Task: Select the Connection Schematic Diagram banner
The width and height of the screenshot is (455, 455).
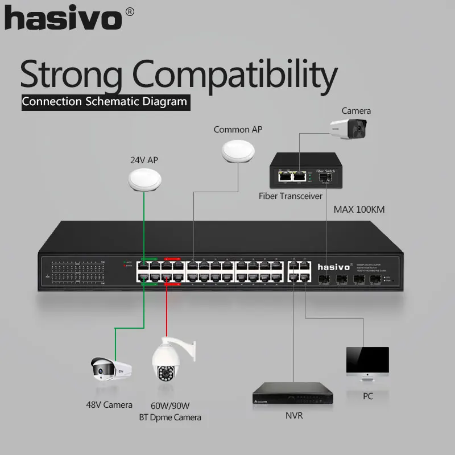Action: coord(104,102)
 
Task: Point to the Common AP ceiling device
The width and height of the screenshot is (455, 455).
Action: coord(238,151)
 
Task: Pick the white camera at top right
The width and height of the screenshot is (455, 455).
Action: coord(350,129)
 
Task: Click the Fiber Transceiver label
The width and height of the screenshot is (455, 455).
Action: coord(290,196)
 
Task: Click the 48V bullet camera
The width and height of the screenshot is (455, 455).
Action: coord(111,369)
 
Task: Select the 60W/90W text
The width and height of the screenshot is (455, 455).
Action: coord(169,406)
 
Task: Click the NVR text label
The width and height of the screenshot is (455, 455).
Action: coord(294,415)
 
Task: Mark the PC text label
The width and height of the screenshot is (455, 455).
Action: coord(367,396)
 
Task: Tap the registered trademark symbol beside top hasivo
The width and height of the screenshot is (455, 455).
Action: coord(129,12)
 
